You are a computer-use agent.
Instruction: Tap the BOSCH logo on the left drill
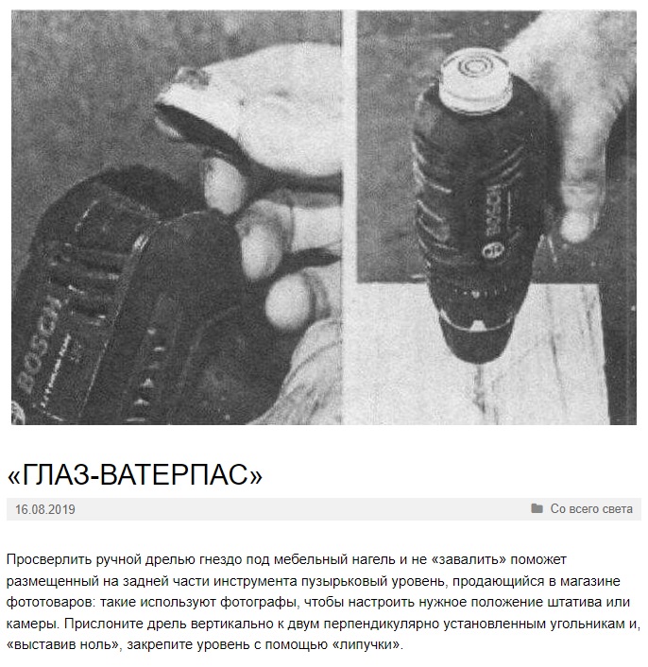click(41, 344)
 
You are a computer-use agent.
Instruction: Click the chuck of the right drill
click(477, 336)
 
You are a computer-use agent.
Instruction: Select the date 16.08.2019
click(45, 509)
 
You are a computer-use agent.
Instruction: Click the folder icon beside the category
click(537, 508)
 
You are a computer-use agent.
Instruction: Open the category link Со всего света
click(591, 509)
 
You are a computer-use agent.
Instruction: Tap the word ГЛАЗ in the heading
click(57, 474)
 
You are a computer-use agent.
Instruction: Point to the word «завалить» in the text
click(469, 559)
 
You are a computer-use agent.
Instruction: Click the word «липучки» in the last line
click(366, 645)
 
